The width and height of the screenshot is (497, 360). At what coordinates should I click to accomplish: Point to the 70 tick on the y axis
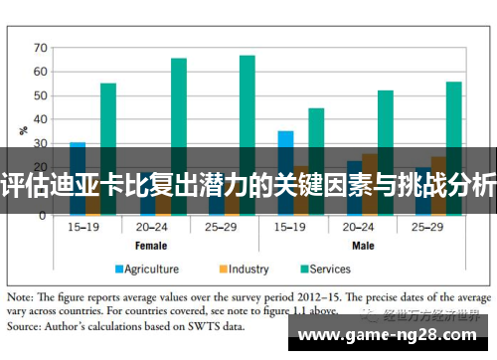(41, 47)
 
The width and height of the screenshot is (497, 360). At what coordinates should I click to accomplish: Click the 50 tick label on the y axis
(41, 95)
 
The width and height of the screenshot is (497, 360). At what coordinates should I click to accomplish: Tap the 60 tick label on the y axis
(41, 72)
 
